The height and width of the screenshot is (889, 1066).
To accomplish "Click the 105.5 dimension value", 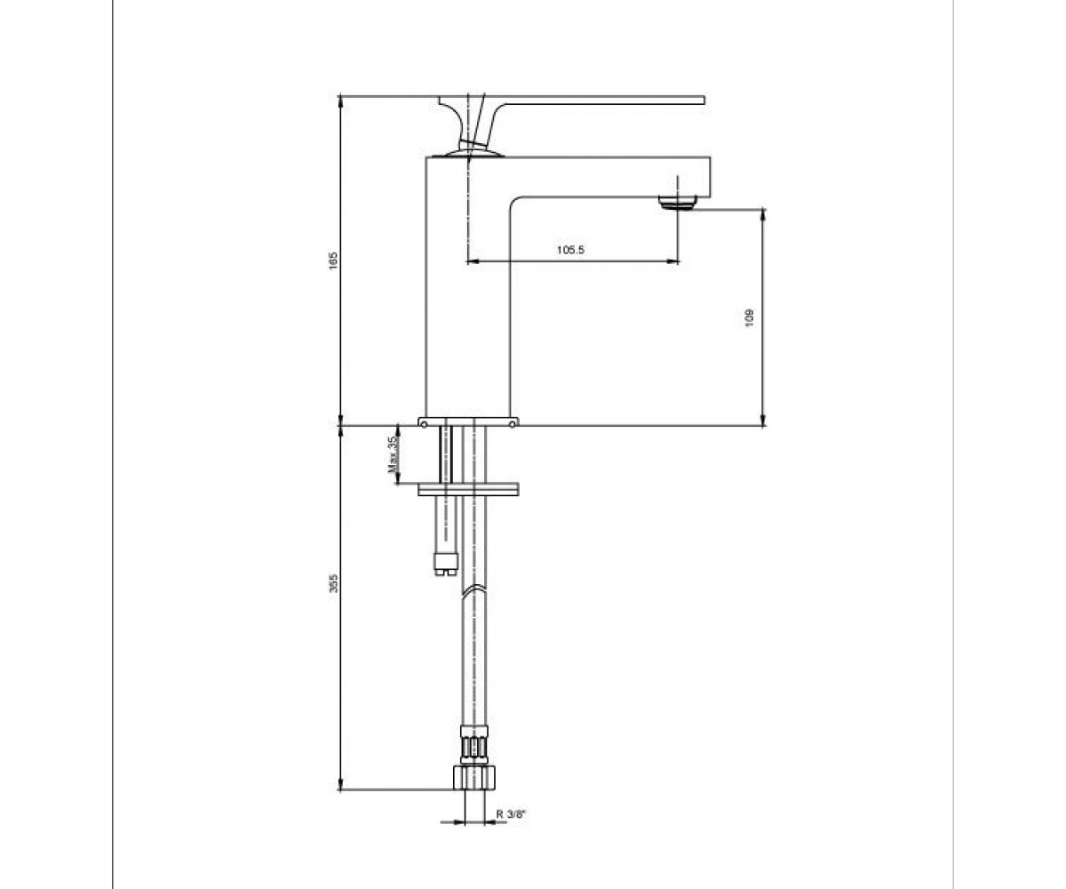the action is pyautogui.click(x=570, y=250).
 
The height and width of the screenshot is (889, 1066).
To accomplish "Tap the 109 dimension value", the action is pyautogui.click(x=749, y=317).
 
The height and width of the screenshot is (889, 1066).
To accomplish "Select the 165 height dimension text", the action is pyautogui.click(x=333, y=260).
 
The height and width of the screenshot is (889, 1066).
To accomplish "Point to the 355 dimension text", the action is pyautogui.click(x=333, y=583).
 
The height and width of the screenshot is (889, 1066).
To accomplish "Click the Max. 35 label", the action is pyautogui.click(x=393, y=453).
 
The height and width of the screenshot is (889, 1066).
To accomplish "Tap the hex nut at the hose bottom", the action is pyautogui.click(x=474, y=778).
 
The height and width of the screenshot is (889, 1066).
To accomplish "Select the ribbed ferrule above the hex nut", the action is pyautogui.click(x=474, y=747).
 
